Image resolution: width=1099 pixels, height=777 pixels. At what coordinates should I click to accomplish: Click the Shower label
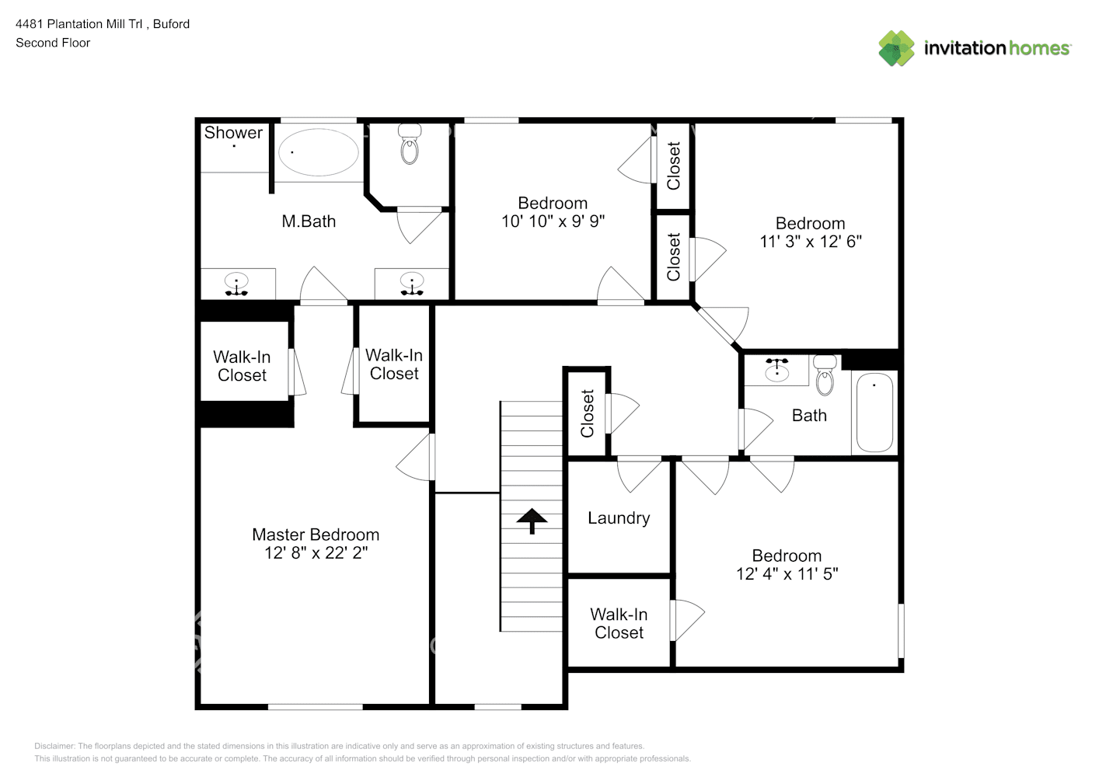[233, 132]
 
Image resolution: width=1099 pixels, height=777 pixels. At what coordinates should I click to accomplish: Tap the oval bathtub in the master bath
[319, 152]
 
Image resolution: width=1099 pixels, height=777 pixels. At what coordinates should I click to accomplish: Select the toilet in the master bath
[410, 143]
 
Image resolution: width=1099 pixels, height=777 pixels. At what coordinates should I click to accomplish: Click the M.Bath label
[309, 221]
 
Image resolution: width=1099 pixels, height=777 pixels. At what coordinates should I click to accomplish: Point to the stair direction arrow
[532, 521]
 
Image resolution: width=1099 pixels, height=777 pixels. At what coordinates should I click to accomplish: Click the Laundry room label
[619, 518]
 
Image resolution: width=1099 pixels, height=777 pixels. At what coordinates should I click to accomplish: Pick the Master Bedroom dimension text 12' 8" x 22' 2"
[316, 552]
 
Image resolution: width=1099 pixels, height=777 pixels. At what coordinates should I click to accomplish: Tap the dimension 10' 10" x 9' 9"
[553, 221]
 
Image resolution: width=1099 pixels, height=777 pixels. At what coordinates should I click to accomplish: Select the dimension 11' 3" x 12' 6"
[811, 242]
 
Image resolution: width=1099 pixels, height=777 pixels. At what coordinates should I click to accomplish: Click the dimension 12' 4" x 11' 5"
[787, 573]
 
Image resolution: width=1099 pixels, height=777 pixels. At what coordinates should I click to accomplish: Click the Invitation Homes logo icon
[896, 48]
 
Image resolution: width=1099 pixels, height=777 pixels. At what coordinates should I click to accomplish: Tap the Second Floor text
[53, 43]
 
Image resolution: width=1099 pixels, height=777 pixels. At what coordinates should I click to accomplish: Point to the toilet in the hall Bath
[825, 375]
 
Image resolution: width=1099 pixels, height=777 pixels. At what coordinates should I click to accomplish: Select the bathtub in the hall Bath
[874, 413]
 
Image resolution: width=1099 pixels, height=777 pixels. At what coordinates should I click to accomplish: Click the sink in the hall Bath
[776, 371]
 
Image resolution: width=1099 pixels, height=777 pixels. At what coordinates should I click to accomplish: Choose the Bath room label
[809, 416]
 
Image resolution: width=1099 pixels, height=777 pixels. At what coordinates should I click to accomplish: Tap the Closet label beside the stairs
[588, 413]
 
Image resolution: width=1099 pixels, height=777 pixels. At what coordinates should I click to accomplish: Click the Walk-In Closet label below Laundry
[619, 623]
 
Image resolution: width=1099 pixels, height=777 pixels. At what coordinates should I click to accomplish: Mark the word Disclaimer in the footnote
[54, 746]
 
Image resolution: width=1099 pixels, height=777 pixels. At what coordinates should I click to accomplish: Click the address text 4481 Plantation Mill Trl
[79, 24]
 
